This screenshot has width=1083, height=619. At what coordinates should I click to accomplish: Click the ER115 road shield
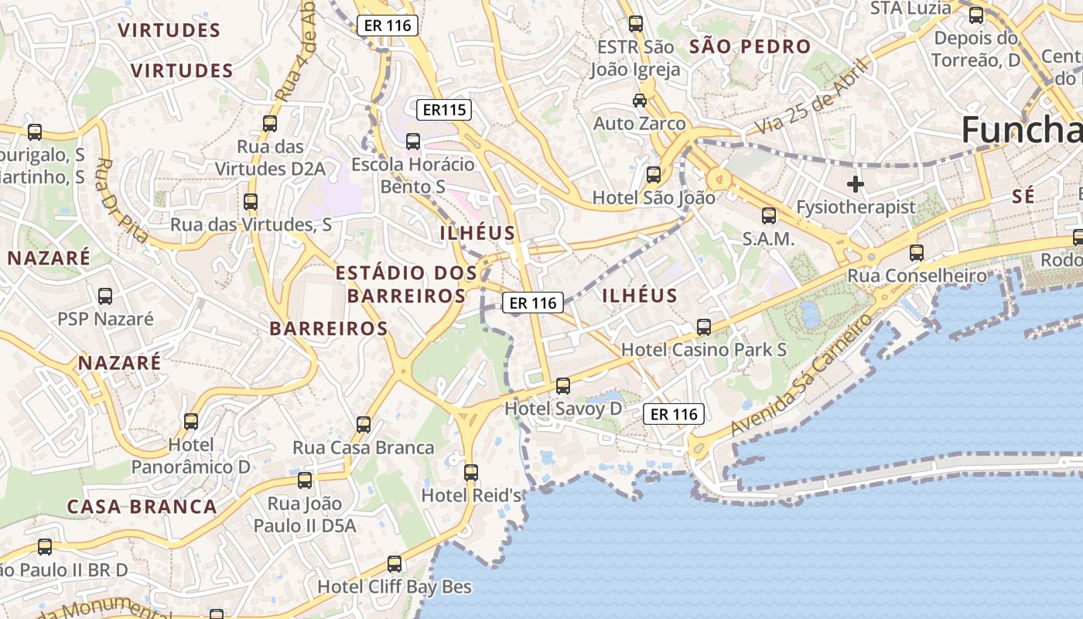(x=444, y=110)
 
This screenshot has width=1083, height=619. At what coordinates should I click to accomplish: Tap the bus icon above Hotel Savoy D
(x=563, y=385)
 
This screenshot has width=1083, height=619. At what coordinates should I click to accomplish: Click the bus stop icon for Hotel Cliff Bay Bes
(x=395, y=564)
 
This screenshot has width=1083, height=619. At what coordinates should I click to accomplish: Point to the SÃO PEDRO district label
(x=750, y=46)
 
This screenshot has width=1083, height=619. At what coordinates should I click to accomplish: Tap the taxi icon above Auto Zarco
(x=640, y=101)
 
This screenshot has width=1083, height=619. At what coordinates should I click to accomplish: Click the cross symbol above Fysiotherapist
(x=855, y=184)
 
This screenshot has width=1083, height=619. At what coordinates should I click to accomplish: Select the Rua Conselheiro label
(x=917, y=275)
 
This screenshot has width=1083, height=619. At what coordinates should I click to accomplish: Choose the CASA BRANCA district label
(x=142, y=507)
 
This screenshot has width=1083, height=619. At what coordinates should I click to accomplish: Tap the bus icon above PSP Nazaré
(x=105, y=296)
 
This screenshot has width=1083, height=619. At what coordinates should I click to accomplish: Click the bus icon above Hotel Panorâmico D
(x=191, y=422)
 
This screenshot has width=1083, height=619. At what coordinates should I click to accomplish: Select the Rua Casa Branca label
(x=363, y=448)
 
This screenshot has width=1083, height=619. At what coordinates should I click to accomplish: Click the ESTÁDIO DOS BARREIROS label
(x=406, y=284)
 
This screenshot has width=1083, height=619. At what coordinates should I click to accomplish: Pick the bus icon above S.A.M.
(x=768, y=216)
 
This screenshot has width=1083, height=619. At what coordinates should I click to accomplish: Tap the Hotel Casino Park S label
(x=703, y=350)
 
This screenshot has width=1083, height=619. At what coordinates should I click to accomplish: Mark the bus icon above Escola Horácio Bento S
(x=413, y=142)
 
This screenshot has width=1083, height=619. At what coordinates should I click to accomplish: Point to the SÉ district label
(x=1023, y=197)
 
